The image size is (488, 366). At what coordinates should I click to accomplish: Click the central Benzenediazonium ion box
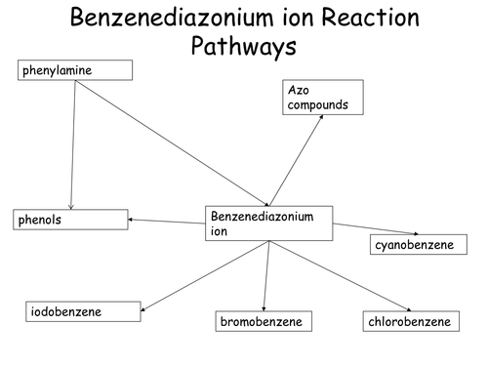click(268, 224)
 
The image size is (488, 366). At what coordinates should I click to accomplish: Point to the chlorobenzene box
click(411, 321)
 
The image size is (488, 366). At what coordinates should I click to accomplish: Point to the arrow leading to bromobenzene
click(266, 277)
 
